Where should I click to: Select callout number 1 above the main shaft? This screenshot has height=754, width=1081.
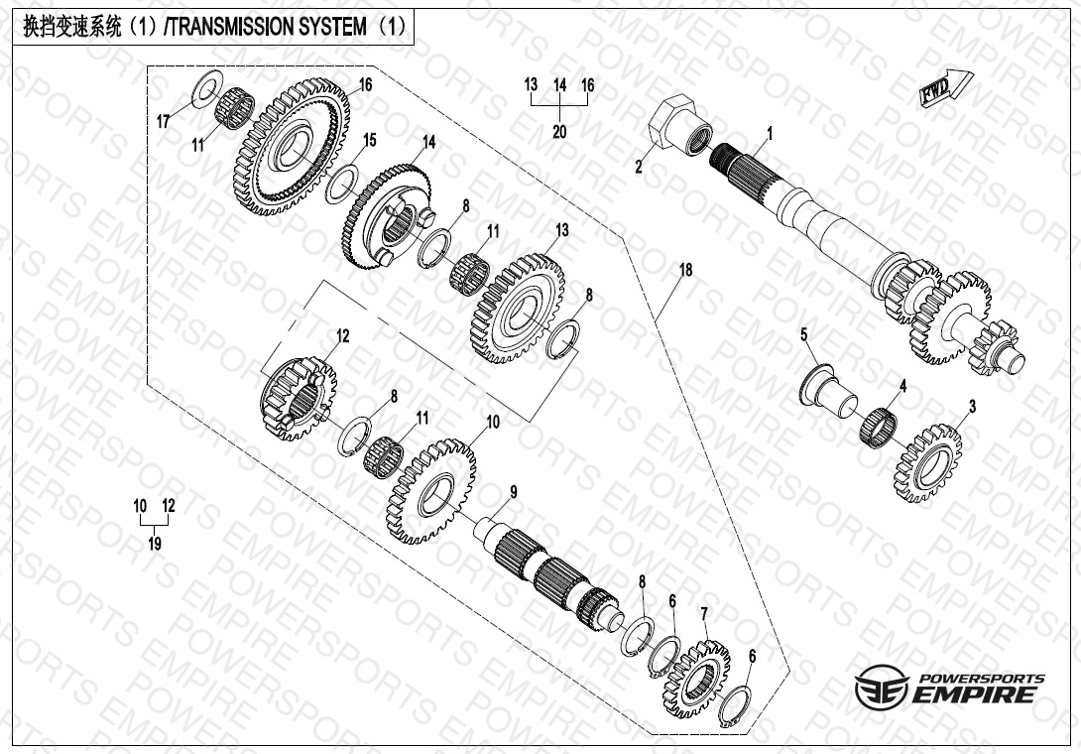tap(769, 132)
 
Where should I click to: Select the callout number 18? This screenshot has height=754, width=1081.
tap(683, 270)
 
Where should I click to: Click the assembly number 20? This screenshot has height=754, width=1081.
tap(559, 132)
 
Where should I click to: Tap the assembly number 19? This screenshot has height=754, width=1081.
tap(155, 544)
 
